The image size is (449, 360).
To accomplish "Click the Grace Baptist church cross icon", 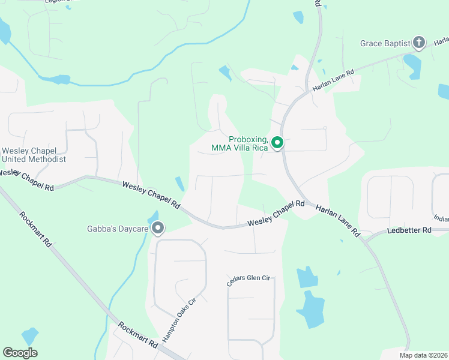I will pyautogui.click(x=419, y=43).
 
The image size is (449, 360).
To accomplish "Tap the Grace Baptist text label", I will pyautogui.click(x=385, y=43).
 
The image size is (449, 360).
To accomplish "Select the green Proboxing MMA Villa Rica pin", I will pyautogui.click(x=277, y=143).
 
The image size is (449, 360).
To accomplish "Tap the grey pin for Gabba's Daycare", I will pyautogui.click(x=158, y=228).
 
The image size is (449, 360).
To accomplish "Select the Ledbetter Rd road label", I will pyautogui.click(x=409, y=230).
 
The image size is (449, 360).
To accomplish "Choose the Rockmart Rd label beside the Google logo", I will pyautogui.click(x=138, y=336).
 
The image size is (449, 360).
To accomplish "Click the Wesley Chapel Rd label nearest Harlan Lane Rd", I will pyautogui.click(x=277, y=214).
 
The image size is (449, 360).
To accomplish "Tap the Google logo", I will pyautogui.click(x=20, y=353).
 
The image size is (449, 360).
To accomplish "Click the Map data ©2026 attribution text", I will pyautogui.click(x=423, y=355).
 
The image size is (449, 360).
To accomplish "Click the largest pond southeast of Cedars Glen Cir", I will pyautogui.click(x=311, y=310).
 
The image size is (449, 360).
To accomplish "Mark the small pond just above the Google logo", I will pyautogui.click(x=29, y=336).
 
